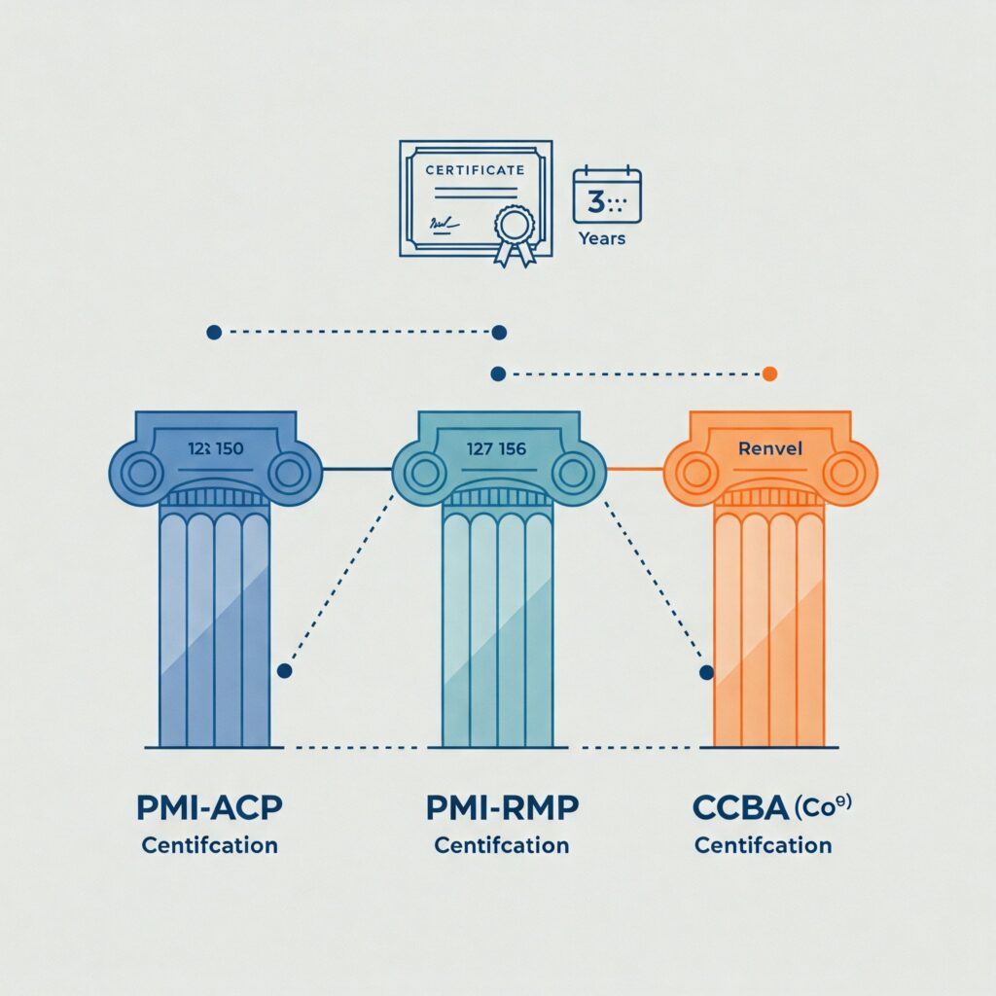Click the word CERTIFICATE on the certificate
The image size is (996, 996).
point(476,169)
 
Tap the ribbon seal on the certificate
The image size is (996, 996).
point(514,231)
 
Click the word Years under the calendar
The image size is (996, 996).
point(602,237)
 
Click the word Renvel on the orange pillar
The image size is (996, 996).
point(770,448)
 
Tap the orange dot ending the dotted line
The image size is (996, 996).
point(769,373)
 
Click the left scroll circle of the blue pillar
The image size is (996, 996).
point(142,474)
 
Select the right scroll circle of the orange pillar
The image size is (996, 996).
point(843,471)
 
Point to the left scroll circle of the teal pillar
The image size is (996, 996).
point(424,473)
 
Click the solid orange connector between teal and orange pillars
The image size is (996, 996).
point(634,470)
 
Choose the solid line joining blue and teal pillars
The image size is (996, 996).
point(356,470)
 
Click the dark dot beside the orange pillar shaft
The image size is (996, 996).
point(706,672)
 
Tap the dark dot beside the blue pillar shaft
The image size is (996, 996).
point(284,671)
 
